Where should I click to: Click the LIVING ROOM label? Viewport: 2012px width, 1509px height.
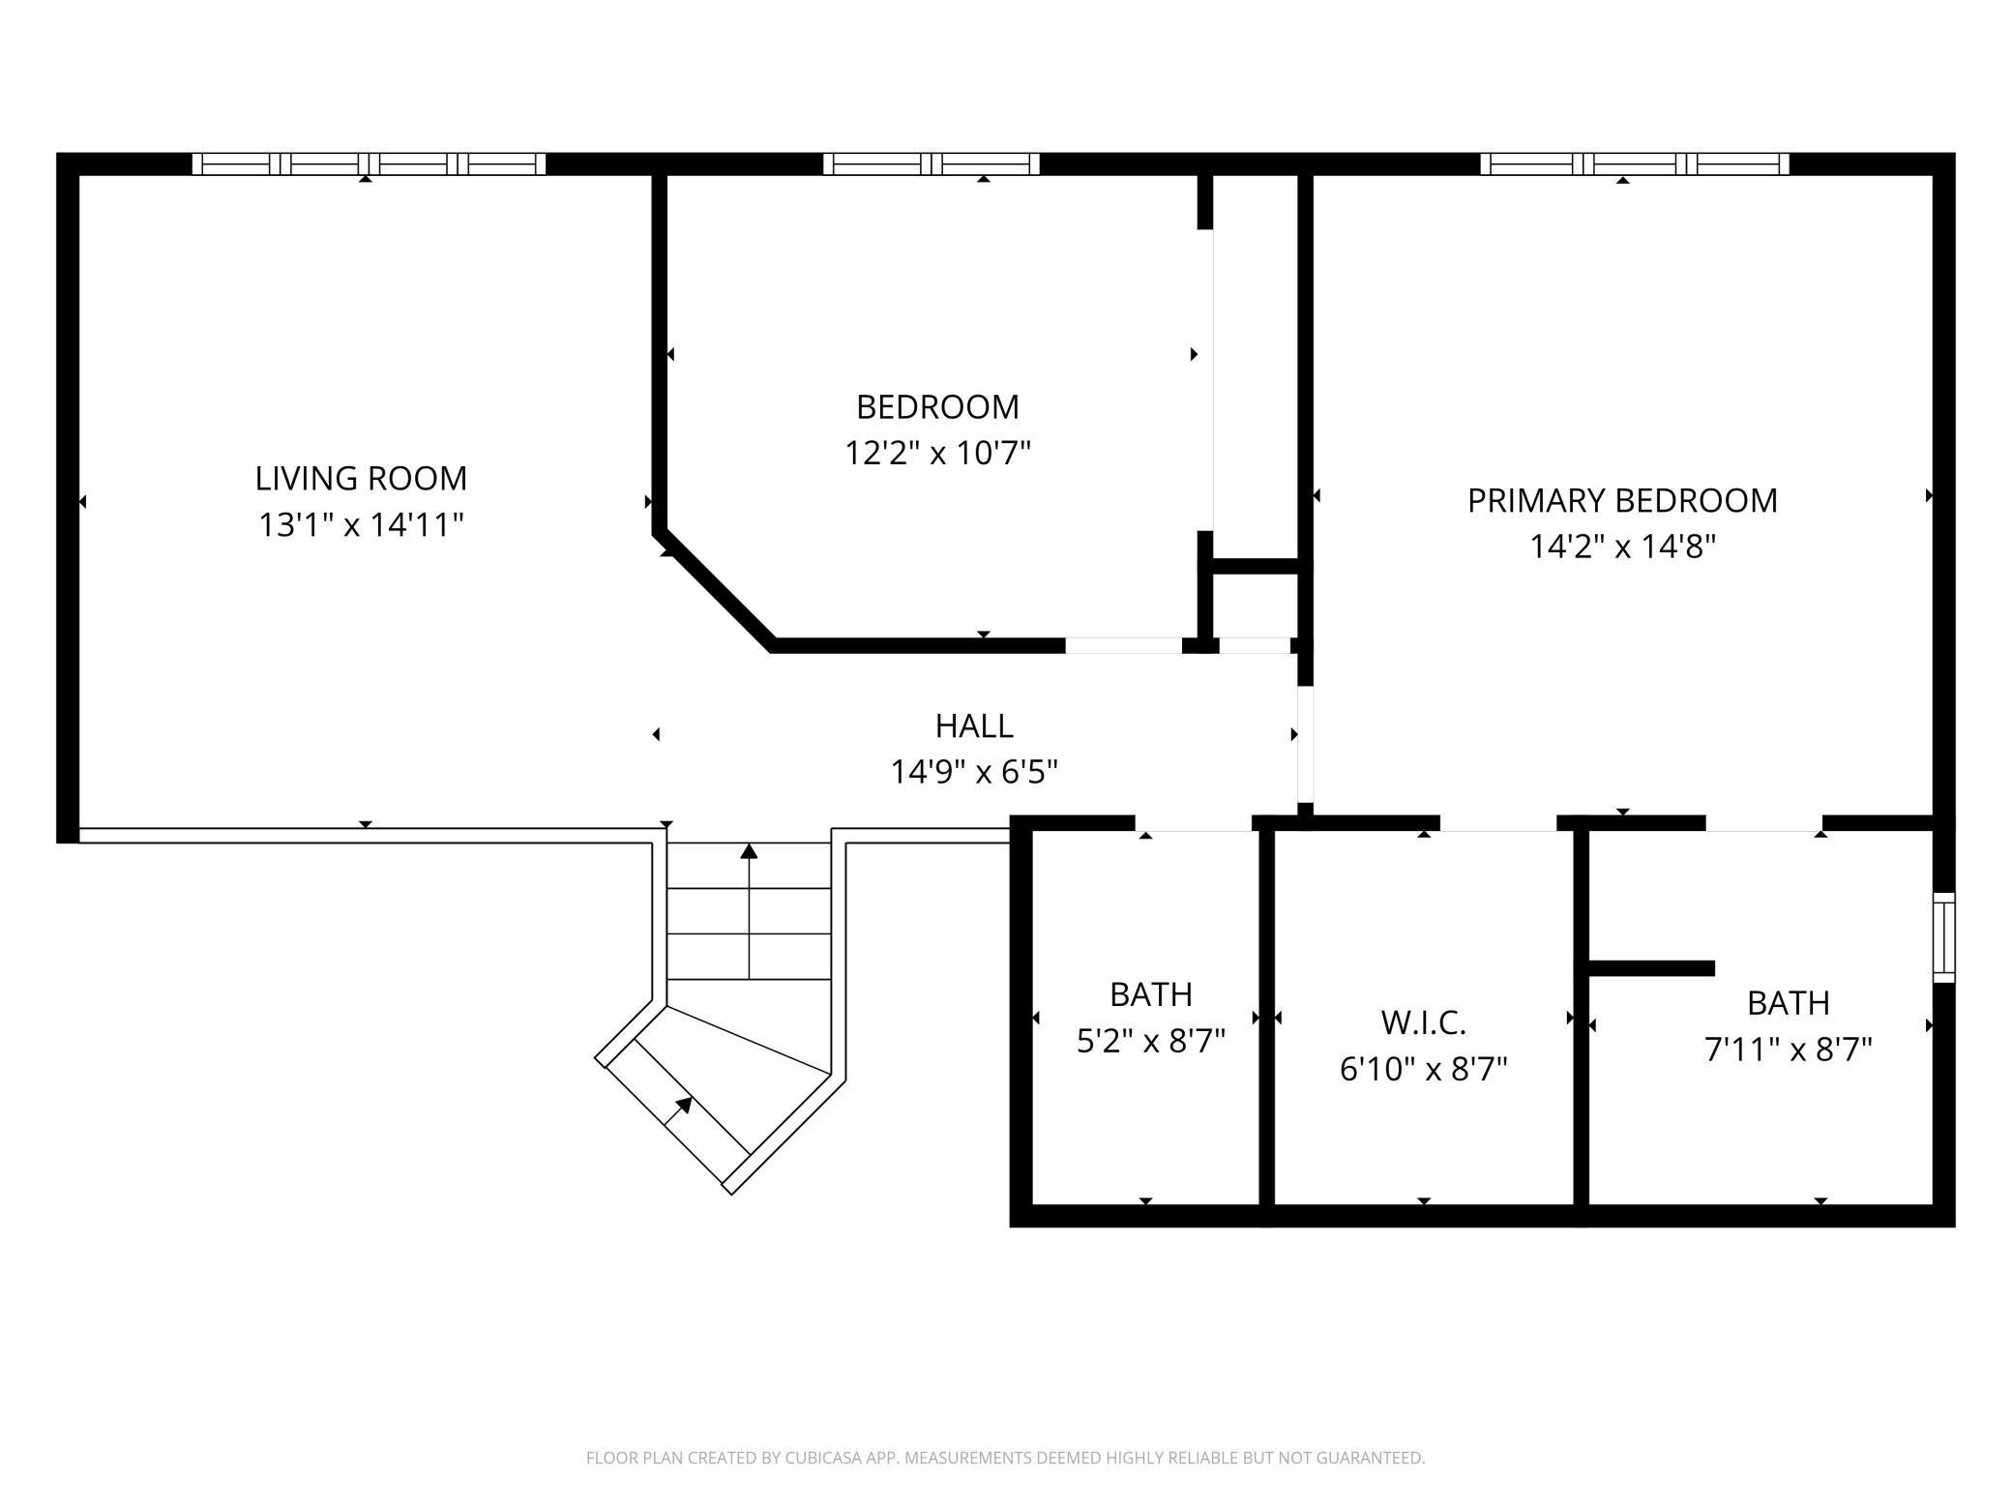tap(361, 478)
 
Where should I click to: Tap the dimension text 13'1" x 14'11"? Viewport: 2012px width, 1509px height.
tap(361, 524)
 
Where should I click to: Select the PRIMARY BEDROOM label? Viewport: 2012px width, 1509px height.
tap(1622, 500)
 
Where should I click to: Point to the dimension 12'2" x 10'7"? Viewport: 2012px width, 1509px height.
tap(938, 453)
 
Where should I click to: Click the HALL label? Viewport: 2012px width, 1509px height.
tap(974, 725)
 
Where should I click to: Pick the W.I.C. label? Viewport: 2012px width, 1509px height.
tap(1423, 1021)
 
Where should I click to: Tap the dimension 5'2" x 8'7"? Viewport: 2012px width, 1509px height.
tap(1151, 1041)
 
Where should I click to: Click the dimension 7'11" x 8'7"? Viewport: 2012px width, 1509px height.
tap(1789, 1049)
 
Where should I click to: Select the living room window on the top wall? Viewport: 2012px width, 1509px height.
tap(369, 163)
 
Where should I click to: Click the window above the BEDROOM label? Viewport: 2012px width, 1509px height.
tap(932, 163)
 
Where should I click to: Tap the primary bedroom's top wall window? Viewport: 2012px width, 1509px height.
tap(1635, 163)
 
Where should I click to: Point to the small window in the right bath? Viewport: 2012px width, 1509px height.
tap(1943, 937)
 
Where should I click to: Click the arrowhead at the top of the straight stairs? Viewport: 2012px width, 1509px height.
tap(749, 851)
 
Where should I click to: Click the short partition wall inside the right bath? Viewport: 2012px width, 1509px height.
tap(1651, 968)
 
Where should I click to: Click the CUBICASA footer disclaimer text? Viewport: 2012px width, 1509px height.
tap(1006, 1457)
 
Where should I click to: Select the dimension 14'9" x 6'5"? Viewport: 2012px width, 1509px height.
tap(974, 772)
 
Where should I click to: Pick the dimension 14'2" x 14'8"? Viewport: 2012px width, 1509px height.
tap(1622, 547)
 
